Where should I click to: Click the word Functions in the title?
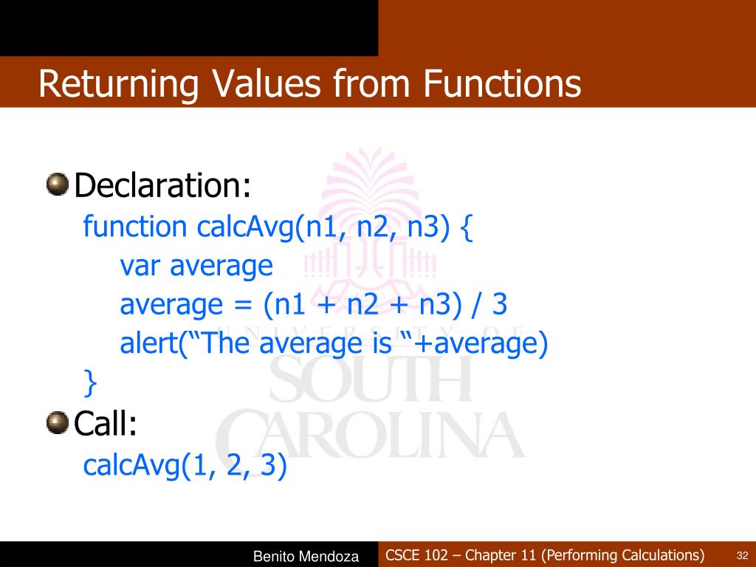tap(502, 83)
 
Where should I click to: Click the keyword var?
tap(140, 266)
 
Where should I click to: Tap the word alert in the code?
tap(148, 344)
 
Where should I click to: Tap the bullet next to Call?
tap(56, 423)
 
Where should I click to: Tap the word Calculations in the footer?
tap(656, 555)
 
